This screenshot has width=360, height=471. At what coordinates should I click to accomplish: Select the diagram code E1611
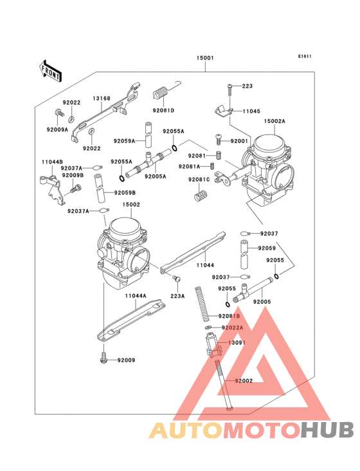305,57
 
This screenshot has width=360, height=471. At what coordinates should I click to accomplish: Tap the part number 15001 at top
205,58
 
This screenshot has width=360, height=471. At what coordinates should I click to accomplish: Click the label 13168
101,98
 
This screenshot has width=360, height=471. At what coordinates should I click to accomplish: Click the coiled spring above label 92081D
161,95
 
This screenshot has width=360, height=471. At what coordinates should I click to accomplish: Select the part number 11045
251,111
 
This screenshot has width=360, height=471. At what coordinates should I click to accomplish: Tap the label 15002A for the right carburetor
274,120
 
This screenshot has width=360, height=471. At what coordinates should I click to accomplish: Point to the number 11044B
51,162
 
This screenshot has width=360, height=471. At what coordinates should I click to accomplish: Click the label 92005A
155,176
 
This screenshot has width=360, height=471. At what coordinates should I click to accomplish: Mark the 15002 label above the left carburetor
131,205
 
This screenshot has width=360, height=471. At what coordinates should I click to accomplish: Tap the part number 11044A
136,295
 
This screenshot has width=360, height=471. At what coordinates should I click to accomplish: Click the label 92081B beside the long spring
229,316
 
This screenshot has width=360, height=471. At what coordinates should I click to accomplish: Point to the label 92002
244,382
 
